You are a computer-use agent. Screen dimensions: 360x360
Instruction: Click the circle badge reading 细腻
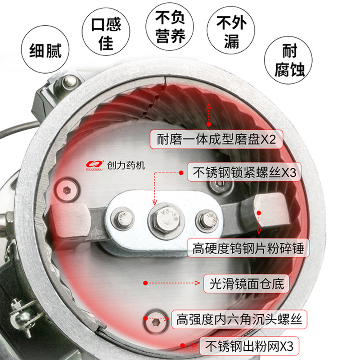[x=45, y=49]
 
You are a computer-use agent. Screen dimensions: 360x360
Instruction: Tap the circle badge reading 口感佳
[x=106, y=31]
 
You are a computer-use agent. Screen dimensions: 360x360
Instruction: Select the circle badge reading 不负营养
[x=170, y=27]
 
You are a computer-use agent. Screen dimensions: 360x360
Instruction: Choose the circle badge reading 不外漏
[x=231, y=30]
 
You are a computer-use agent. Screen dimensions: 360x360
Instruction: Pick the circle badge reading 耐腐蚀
[x=288, y=60]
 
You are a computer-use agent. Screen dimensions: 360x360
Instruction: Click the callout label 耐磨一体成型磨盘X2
[x=216, y=139]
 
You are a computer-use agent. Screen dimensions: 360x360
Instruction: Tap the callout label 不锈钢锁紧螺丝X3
[x=244, y=172]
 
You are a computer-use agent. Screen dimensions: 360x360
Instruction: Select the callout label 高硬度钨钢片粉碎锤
[x=248, y=248]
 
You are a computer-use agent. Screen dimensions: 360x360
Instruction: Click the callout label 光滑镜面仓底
[x=246, y=283]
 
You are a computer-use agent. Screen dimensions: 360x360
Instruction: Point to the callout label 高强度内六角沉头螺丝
[x=239, y=319]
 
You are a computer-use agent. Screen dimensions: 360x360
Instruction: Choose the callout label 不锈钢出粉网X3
[x=249, y=346]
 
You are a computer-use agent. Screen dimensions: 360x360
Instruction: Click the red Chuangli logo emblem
[x=95, y=165]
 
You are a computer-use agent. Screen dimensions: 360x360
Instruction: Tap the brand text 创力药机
[x=126, y=165]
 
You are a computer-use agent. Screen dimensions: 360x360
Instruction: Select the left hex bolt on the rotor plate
[x=122, y=219]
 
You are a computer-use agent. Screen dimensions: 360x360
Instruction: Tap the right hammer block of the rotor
[x=271, y=210]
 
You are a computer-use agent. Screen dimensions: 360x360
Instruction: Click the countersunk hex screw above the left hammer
[x=67, y=190]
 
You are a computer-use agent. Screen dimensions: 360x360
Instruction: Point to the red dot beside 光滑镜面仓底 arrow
[x=145, y=283]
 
